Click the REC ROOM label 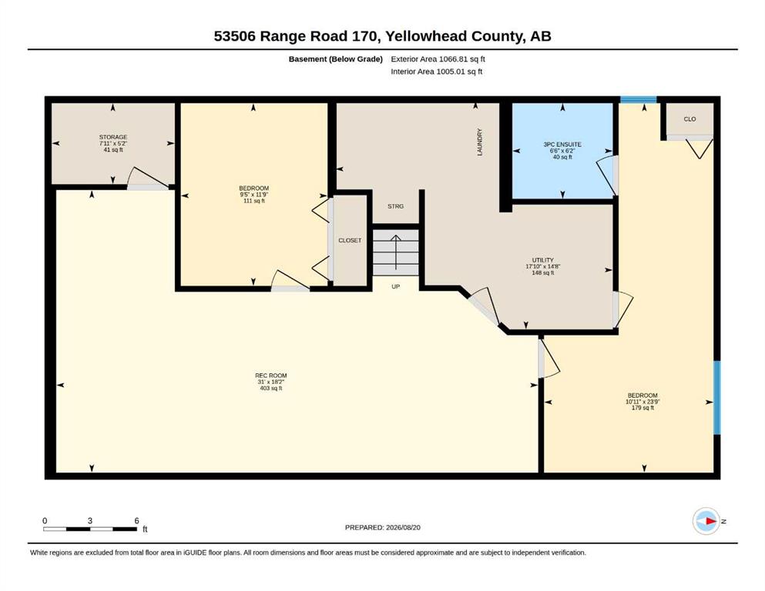(270, 376)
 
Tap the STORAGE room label (113, 138)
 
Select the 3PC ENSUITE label (562, 145)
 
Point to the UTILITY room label (543, 260)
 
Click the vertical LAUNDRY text (480, 142)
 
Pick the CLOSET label (350, 240)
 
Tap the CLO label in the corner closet (690, 119)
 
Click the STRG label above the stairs (396, 206)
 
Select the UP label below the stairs (396, 286)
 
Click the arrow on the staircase (396, 252)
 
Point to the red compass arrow (711, 521)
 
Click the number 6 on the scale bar (136, 521)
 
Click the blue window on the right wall (717, 398)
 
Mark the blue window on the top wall (638, 99)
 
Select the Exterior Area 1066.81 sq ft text (438, 59)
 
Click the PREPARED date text (382, 527)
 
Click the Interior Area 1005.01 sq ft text (437, 72)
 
